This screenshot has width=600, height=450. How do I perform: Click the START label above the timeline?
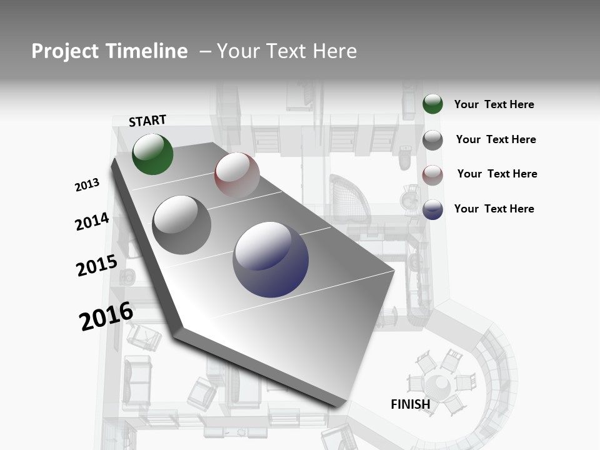(147, 121)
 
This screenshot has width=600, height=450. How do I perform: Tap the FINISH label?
(410, 404)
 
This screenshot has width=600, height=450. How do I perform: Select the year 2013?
(87, 185)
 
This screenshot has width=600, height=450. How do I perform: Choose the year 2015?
(96, 266)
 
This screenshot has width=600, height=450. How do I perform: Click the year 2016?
(106, 316)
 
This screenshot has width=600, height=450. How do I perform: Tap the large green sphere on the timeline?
(152, 154)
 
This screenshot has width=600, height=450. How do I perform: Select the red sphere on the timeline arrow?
(237, 175)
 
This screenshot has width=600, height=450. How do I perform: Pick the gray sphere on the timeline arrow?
(182, 225)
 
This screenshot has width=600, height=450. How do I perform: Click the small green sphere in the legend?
(432, 104)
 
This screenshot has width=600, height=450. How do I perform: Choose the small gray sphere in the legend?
(432, 140)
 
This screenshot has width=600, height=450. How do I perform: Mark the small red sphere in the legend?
(432, 175)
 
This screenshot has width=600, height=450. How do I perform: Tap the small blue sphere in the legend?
(432, 209)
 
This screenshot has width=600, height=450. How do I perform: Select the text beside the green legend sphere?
(494, 104)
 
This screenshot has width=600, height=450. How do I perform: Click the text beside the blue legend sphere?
(494, 209)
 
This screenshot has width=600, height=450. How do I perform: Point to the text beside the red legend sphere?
(497, 174)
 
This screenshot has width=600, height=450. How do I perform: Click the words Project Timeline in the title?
(109, 51)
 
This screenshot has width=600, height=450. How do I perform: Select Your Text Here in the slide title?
(286, 51)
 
